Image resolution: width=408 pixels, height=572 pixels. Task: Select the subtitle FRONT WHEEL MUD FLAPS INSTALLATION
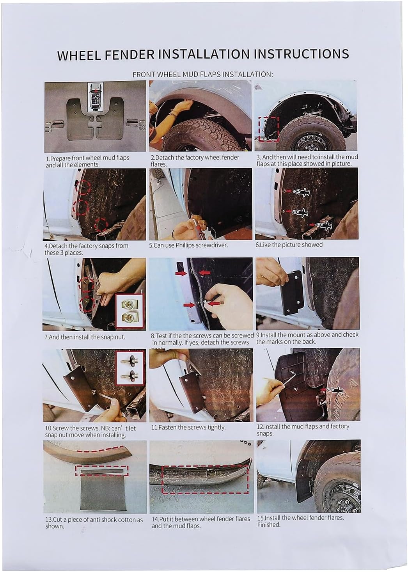point(202,74)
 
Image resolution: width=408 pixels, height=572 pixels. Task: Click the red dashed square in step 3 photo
point(268,129)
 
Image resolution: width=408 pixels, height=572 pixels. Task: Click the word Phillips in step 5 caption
point(185,245)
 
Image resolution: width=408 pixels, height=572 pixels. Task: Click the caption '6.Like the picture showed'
point(289,244)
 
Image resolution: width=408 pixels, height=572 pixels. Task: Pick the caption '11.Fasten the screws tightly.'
point(188,427)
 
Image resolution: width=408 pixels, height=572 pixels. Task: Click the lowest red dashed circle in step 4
point(101,225)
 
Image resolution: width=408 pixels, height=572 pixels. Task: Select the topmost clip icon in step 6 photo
point(301,193)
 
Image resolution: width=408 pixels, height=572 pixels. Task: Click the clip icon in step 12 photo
point(334,391)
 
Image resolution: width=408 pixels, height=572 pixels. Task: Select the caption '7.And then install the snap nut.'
point(85,337)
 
